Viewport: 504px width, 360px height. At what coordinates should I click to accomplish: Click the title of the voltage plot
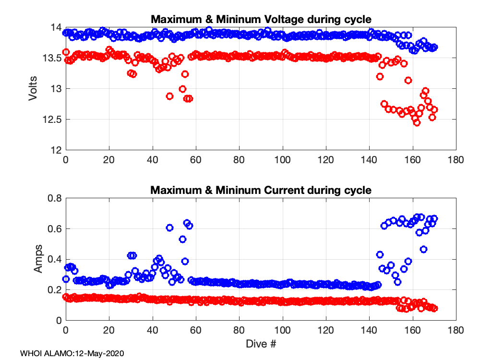[261, 19]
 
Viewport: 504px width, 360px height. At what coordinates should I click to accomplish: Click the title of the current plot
[261, 190]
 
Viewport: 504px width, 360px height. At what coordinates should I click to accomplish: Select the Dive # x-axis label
[261, 344]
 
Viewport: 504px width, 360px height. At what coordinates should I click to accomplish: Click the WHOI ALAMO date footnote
[72, 353]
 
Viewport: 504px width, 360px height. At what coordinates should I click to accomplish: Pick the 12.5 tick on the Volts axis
[53, 119]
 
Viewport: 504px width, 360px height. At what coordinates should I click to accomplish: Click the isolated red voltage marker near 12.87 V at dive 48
[169, 96]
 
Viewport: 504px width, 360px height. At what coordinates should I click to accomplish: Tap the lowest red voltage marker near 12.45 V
[417, 122]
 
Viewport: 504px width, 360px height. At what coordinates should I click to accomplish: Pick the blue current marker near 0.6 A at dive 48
[169, 228]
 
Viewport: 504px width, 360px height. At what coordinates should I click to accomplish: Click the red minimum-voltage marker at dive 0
[66, 52]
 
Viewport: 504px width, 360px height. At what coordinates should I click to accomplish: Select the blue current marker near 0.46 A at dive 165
[423, 249]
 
